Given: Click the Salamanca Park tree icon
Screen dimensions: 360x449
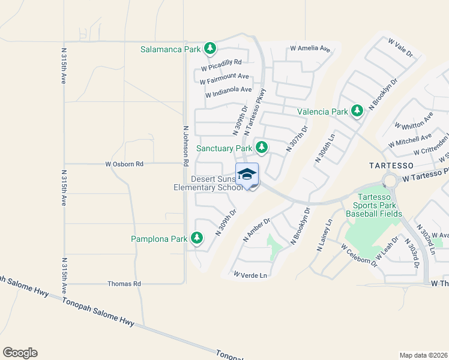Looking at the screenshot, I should click(x=209, y=48).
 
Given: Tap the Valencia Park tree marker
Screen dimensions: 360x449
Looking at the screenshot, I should click(x=357, y=111).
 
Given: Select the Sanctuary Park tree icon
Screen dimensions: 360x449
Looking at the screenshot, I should click(x=261, y=147).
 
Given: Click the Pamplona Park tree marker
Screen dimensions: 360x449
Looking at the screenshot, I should click(x=197, y=238).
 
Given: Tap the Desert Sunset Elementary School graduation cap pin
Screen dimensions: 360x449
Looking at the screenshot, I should click(x=247, y=175).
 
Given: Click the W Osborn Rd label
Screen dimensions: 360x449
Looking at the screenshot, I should click(x=124, y=164).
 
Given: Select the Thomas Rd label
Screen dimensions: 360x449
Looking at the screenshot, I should click(x=124, y=283).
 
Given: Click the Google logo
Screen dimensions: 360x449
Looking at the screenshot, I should click(x=20, y=353).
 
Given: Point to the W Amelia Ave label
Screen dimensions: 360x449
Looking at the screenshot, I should click(x=310, y=48).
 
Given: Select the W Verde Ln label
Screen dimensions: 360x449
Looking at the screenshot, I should click(x=250, y=275).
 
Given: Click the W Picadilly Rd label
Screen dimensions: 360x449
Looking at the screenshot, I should click(x=221, y=62).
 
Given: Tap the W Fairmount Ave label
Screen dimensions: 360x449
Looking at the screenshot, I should click(x=224, y=78).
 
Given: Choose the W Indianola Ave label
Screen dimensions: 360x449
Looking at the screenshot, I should click(x=228, y=92).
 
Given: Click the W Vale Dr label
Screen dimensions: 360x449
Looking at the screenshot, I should click(x=401, y=48).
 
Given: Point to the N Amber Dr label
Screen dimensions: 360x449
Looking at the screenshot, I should click(x=256, y=230).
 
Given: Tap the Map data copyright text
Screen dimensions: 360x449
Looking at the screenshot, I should click(x=423, y=355).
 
